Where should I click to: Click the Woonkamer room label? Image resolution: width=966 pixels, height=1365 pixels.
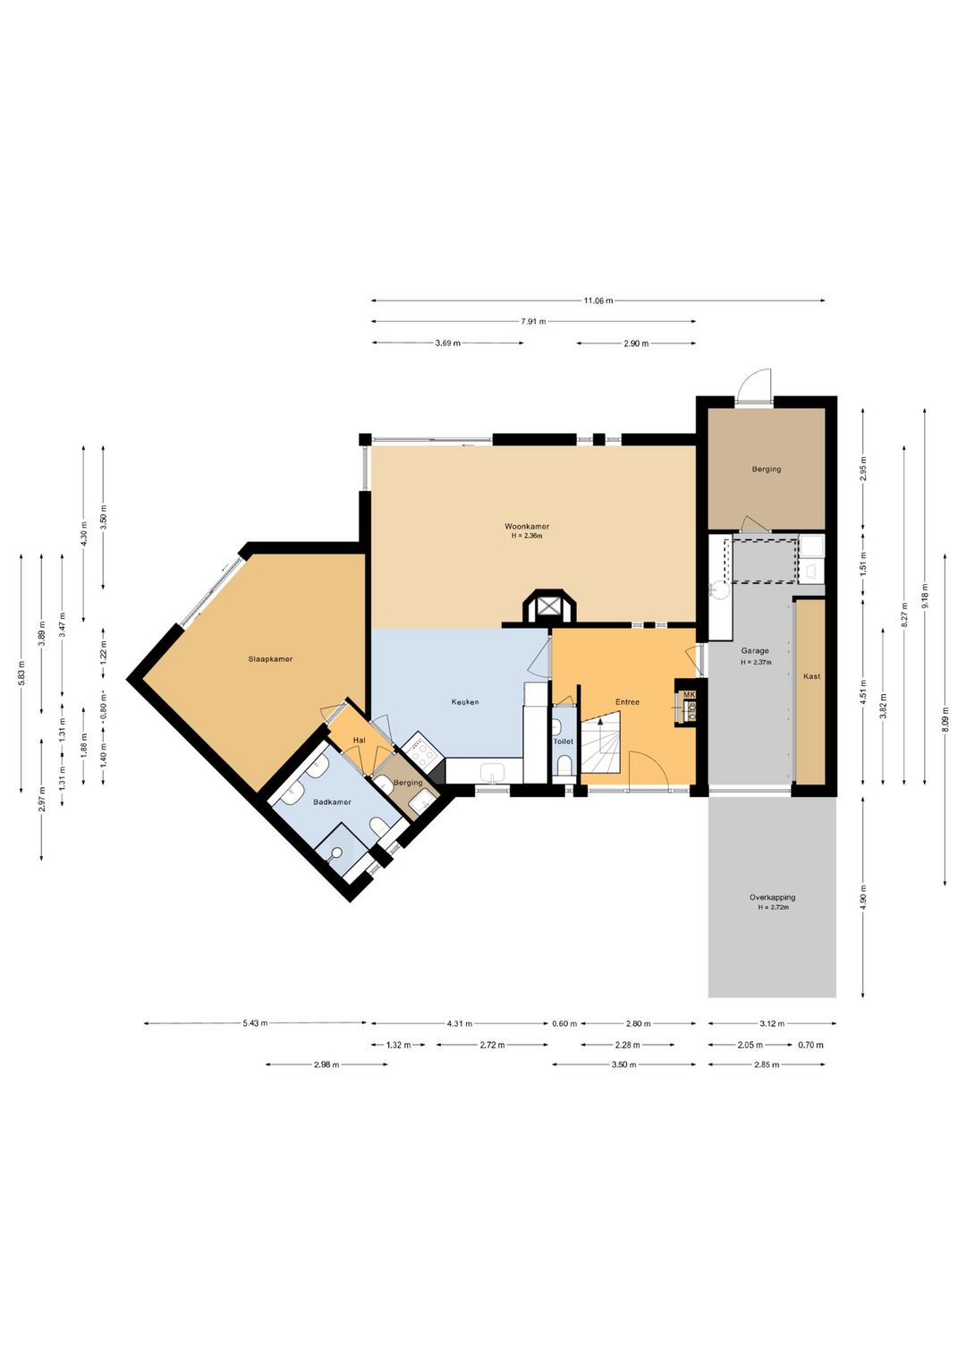[x=527, y=527]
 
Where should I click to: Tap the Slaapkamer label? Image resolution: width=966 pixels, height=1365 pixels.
[x=271, y=658]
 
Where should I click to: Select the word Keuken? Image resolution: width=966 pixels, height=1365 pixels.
[x=465, y=702]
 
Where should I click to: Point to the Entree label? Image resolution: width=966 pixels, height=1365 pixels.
[x=627, y=702]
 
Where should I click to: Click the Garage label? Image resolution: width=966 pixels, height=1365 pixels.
[x=755, y=651]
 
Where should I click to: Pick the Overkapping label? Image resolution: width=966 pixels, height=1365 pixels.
[x=772, y=897]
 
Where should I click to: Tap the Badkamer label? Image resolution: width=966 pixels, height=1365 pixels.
[x=332, y=802]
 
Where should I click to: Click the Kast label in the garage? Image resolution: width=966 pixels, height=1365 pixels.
[x=812, y=676]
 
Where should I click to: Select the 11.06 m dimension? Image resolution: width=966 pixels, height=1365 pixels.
[x=597, y=301]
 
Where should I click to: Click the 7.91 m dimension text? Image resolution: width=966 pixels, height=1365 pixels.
[x=533, y=321]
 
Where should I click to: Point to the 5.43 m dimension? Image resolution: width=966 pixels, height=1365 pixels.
[x=255, y=1023]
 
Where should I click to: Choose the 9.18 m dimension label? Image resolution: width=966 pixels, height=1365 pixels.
[x=925, y=597]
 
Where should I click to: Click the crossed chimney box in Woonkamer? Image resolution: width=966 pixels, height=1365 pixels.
[x=550, y=606]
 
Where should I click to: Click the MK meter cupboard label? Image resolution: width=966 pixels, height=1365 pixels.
[x=690, y=695]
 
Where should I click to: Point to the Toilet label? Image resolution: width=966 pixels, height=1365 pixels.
[x=563, y=742]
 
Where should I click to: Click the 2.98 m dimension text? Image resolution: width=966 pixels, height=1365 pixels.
[x=326, y=1064]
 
